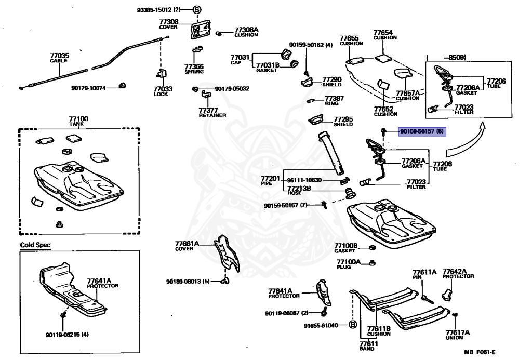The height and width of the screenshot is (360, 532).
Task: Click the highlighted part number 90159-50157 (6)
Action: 421,132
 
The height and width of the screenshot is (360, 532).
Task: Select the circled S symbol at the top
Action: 197,10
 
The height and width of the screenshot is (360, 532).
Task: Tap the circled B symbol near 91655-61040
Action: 352,325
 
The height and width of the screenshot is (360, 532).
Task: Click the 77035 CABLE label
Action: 59,58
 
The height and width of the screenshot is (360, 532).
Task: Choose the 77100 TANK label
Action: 78,122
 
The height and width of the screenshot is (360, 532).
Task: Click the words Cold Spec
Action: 35,245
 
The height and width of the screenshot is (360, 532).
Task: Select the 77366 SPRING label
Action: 194,69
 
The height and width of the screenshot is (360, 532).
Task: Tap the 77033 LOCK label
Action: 163,91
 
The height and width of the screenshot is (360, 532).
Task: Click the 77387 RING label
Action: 335,100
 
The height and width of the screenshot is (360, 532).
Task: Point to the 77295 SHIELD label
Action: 343,121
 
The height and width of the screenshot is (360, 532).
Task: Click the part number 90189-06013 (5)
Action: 188,282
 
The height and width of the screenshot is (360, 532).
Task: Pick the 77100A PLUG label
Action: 348,264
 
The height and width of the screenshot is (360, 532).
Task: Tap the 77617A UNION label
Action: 457,335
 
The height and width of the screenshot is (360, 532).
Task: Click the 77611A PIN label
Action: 424,274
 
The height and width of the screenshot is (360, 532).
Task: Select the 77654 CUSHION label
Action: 384,35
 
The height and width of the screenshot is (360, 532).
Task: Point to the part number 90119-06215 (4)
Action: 67,334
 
